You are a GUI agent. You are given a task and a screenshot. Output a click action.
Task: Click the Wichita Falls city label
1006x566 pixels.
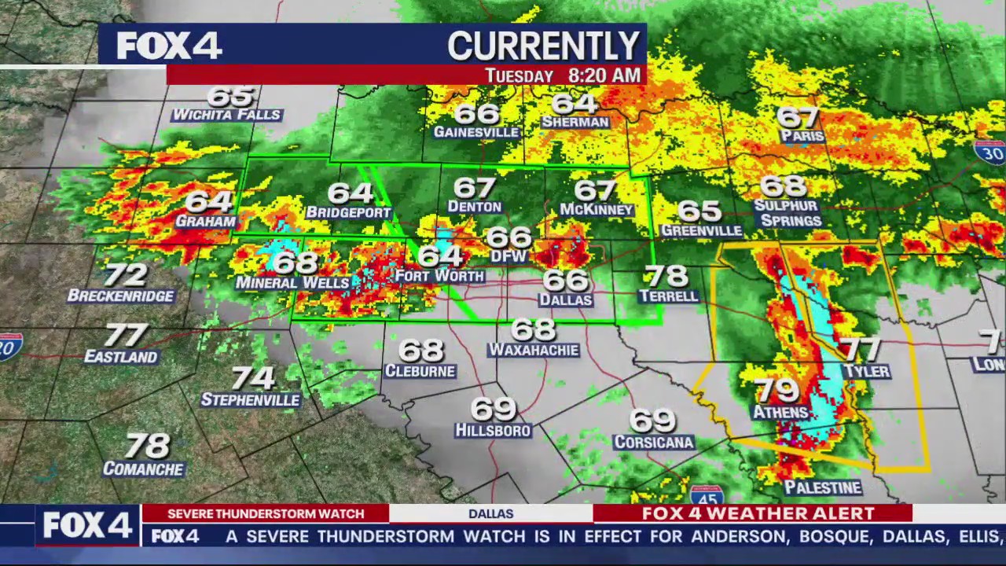click(226, 115)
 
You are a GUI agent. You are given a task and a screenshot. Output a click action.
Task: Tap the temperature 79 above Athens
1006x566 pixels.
click(777, 391)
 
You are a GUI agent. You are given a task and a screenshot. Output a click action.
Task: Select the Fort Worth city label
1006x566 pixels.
click(439, 276)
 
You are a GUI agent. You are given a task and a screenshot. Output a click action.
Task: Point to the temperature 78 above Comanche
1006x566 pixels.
click(147, 447)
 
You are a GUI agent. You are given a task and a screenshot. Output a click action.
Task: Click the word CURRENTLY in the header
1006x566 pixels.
click(544, 47)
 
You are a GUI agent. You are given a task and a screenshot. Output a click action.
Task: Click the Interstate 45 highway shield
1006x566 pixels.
click(707, 495)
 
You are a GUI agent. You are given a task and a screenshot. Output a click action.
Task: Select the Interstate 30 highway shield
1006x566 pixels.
click(989, 152)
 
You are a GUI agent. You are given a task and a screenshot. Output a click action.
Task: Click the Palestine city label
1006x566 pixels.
click(823, 488)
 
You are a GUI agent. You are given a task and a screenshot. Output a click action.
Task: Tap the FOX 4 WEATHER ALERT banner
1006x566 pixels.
click(758, 513)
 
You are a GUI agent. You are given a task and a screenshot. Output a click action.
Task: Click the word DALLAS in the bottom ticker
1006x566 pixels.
click(490, 513)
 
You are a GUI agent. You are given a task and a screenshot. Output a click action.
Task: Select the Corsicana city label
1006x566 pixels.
click(654, 443)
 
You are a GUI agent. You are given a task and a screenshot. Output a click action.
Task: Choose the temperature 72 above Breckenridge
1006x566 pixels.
click(126, 275)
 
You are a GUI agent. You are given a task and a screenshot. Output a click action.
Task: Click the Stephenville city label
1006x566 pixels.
click(250, 400)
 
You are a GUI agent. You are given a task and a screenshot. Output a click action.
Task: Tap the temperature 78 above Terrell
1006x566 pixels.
click(666, 276)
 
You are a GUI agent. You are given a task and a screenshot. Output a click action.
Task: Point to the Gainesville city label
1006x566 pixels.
click(476, 132)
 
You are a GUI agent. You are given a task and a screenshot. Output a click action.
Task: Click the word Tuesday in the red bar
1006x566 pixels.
click(519, 76)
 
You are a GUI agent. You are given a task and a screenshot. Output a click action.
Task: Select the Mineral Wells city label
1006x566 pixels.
click(292, 283)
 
